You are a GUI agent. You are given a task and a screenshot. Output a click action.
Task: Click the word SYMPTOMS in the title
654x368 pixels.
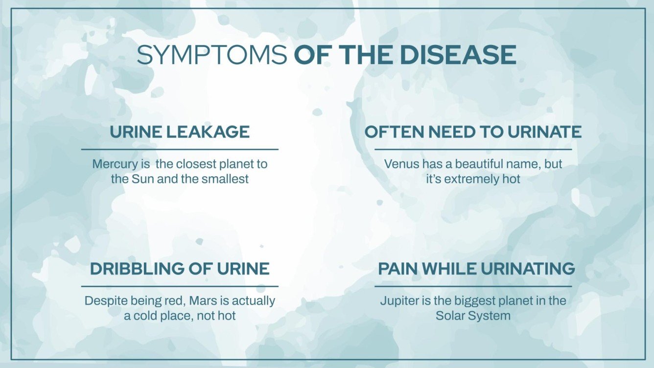[x=211, y=55]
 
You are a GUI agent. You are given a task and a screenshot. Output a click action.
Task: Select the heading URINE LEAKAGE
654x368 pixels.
[x=180, y=132]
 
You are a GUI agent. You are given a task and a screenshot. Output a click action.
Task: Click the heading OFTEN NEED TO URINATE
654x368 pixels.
[x=473, y=132]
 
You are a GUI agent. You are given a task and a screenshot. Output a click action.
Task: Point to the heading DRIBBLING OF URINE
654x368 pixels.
[x=180, y=269]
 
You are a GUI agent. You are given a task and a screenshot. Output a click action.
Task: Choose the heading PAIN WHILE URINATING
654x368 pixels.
[x=476, y=269]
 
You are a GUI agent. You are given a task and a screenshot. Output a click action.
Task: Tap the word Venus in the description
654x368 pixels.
[x=402, y=164]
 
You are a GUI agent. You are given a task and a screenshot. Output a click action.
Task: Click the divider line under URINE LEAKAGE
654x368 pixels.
[x=180, y=149]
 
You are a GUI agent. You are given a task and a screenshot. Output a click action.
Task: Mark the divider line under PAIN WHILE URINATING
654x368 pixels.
[x=473, y=286]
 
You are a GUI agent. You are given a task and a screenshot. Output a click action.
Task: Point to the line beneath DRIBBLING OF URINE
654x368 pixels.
[x=180, y=286]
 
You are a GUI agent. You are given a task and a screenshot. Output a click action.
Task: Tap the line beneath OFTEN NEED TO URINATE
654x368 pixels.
[x=473, y=149]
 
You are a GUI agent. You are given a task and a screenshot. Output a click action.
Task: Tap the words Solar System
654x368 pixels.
[x=473, y=316]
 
